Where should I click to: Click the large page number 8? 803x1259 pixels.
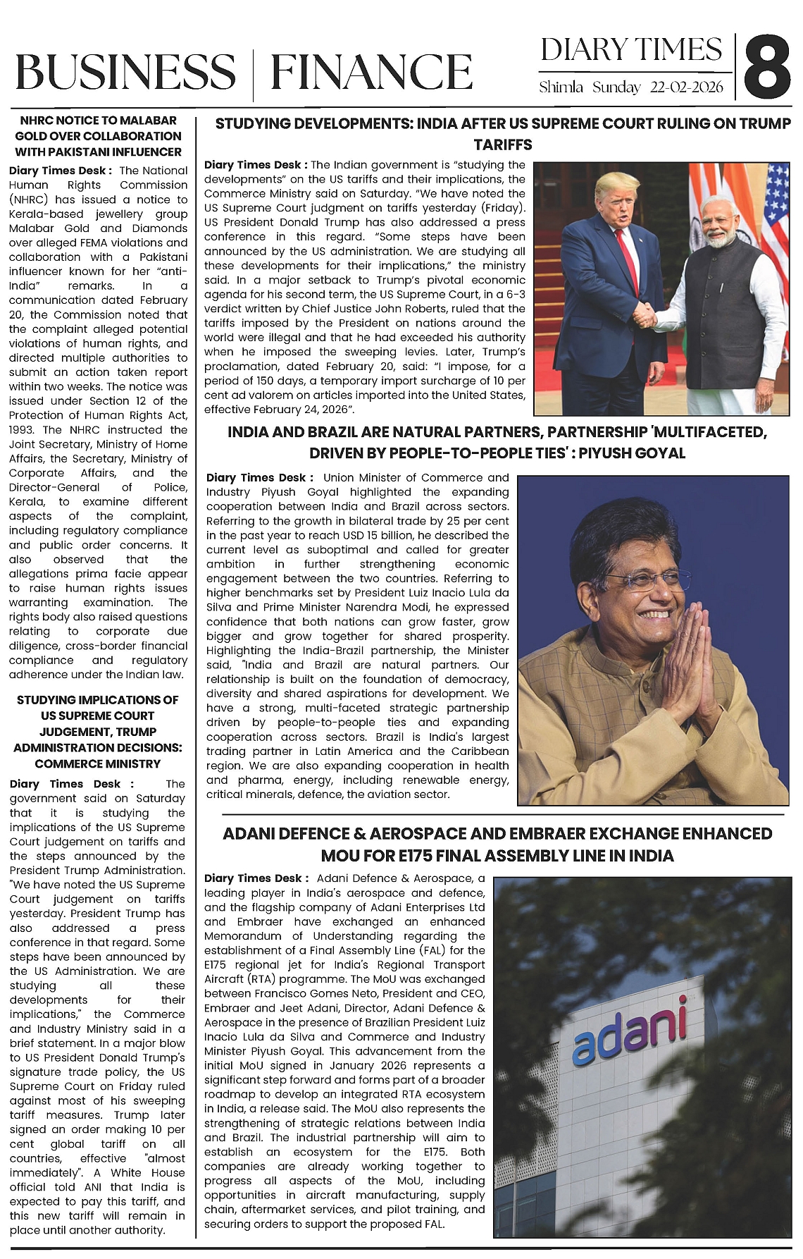[x=766, y=68]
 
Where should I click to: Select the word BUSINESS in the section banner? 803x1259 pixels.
[x=125, y=72]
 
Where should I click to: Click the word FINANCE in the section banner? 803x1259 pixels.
[x=371, y=72]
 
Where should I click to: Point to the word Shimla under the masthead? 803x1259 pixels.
[x=561, y=88]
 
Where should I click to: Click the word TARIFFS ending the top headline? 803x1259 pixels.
[x=502, y=145]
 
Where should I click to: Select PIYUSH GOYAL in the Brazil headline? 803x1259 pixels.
[x=636, y=453]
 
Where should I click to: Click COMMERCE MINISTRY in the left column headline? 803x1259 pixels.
[x=98, y=763]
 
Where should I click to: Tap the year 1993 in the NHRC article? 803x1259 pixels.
[x=22, y=429]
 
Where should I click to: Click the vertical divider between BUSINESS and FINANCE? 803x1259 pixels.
[x=253, y=72]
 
